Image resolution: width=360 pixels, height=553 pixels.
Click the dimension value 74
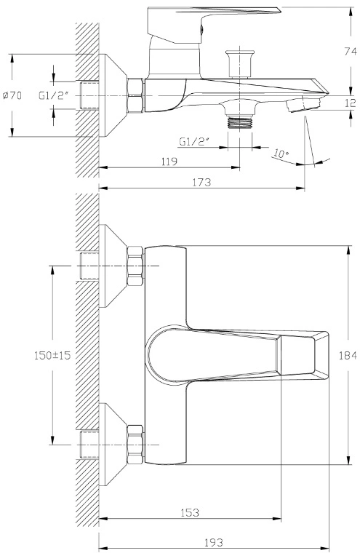tap(350, 52)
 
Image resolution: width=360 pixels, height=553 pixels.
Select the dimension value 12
tap(350, 103)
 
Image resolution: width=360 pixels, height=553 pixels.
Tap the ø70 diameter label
tap(12, 95)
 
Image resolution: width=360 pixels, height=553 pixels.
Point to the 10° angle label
tap(281, 154)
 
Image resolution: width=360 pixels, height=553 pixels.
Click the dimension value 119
tap(169, 162)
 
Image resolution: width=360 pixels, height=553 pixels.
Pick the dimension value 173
tap(201, 183)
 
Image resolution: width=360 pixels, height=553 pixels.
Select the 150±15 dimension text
tap(52, 355)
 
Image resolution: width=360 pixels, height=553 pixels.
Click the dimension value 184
tap(348, 356)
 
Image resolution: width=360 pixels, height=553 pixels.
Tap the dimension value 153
tap(190, 512)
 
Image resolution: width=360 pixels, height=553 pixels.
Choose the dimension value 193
tap(213, 542)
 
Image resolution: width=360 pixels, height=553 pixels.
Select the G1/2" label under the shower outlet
tap(194, 141)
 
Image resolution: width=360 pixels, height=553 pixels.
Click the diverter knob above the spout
tap(240, 64)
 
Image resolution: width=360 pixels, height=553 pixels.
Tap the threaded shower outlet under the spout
tap(240, 123)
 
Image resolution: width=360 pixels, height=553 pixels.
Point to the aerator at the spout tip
tap(303, 104)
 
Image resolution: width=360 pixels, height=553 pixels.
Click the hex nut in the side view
tap(135, 95)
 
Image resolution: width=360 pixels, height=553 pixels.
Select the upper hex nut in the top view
tap(135, 266)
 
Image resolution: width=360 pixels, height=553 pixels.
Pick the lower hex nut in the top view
tap(135, 445)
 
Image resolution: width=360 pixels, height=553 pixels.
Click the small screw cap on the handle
tap(202, 29)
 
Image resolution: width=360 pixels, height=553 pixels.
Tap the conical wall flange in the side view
tap(113, 95)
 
